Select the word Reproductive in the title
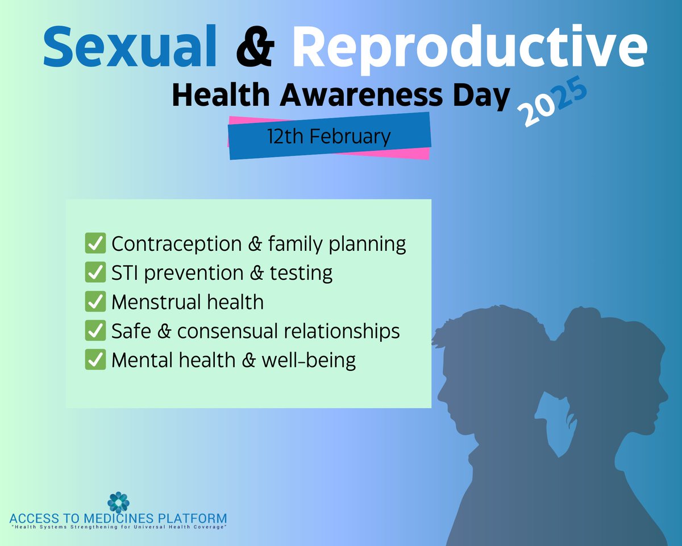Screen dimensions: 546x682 coord(469,47)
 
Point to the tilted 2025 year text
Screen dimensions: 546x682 coord(552,104)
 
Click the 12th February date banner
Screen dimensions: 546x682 coord(330,137)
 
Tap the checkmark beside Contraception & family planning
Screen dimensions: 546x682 coord(95,243)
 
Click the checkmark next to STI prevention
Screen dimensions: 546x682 coord(95,273)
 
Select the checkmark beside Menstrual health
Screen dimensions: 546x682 coord(95,302)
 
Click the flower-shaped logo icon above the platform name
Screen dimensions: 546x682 coord(119,502)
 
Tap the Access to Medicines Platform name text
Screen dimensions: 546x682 coord(118,519)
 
